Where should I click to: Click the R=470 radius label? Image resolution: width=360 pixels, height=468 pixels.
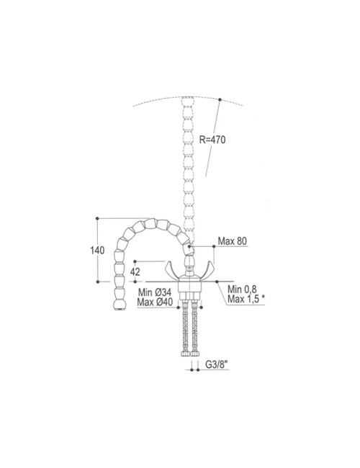212,140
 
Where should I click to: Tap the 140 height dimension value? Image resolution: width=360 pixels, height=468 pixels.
97,250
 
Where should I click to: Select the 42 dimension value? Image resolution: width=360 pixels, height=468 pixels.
135,271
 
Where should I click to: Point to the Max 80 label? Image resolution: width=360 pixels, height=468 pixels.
233,241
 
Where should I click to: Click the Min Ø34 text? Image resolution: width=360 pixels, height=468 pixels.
154,292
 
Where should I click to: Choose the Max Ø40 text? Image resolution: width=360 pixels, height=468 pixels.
155,302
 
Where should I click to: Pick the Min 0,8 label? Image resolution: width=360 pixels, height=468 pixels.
242,289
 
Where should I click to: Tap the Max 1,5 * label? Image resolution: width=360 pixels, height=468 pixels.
246,299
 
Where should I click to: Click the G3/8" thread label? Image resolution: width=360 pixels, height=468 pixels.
217,364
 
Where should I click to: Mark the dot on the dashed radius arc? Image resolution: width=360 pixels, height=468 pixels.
220,99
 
